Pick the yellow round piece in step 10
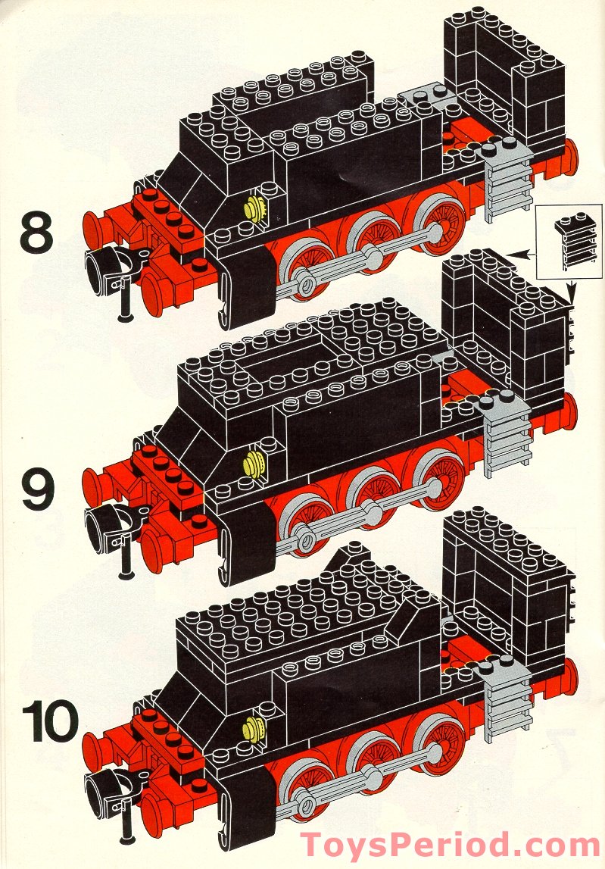click(254, 728)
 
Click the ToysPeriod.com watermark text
click(449, 845)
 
